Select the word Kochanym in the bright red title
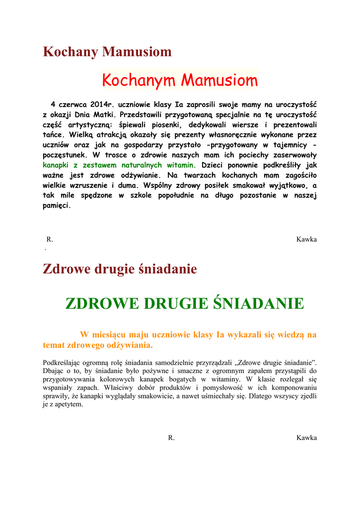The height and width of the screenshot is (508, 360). pos(138,80)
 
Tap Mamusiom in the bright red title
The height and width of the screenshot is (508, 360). pos(219,80)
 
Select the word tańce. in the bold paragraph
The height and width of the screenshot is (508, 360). pos(54,135)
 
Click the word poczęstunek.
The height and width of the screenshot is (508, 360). pos(67,155)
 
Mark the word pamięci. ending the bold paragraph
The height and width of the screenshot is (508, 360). pos(57,205)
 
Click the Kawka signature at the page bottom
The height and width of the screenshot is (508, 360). pos(306,438)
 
